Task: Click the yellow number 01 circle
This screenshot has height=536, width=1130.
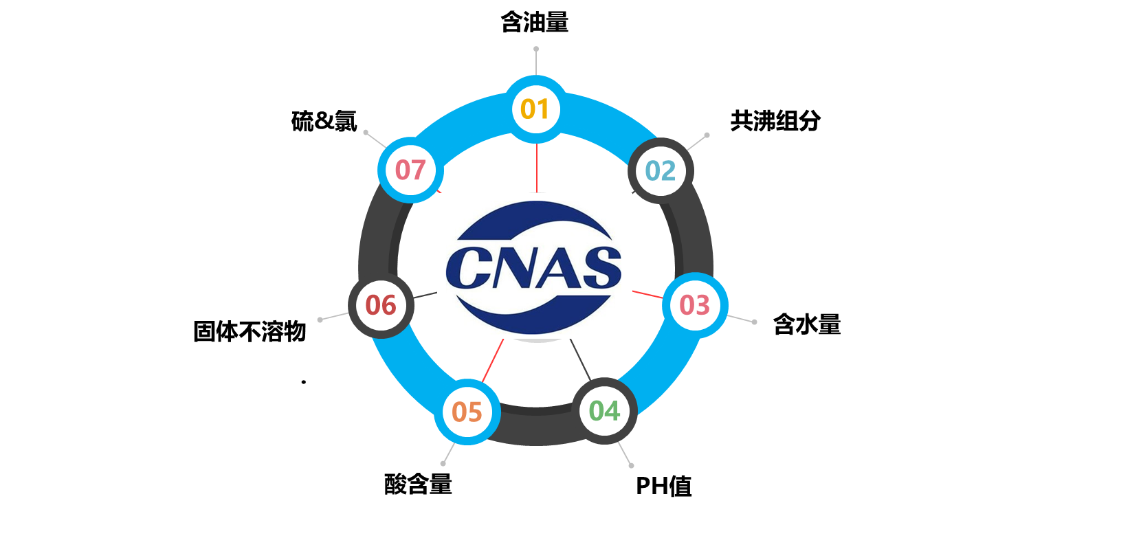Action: (x=535, y=109)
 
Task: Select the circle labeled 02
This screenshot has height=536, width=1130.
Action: (x=661, y=170)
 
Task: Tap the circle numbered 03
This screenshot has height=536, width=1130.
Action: (x=694, y=305)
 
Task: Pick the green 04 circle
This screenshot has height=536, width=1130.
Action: (x=604, y=411)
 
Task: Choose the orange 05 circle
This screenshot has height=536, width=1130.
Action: (x=467, y=412)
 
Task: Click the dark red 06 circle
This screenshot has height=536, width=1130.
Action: (x=381, y=305)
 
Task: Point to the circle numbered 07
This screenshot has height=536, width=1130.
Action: (x=410, y=170)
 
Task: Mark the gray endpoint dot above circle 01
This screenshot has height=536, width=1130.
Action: (x=536, y=49)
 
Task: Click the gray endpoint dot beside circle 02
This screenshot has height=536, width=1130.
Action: (x=707, y=135)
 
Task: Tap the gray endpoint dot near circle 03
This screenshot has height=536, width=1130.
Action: (x=754, y=322)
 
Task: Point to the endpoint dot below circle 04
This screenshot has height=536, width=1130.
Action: (x=632, y=466)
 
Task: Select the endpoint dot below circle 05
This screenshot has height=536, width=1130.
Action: (x=443, y=464)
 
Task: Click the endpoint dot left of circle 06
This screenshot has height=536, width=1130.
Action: (x=320, y=320)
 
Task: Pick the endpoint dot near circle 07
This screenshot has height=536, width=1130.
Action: (x=366, y=132)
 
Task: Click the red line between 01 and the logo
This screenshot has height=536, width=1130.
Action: (x=536, y=168)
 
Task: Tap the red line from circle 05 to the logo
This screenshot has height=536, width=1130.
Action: (x=493, y=361)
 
